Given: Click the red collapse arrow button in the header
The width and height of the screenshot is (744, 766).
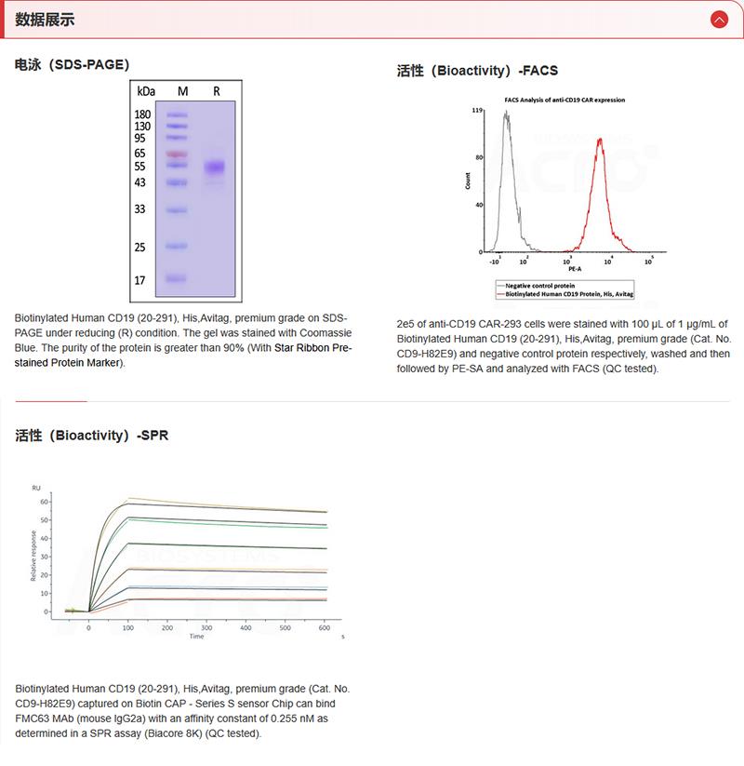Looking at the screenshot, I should point(718,19).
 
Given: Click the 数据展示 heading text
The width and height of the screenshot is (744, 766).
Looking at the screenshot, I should point(46,20).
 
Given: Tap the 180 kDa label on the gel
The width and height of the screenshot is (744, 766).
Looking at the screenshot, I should point(142,114).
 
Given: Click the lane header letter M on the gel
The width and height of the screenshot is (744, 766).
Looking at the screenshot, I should point(182,91).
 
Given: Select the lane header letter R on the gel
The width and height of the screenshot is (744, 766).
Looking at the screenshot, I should point(216,91).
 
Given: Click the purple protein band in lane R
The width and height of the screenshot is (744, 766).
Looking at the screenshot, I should point(216,168).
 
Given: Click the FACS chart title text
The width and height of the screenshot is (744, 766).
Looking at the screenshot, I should point(565,99).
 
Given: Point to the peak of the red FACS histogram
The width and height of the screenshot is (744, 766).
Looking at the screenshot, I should point(601,140).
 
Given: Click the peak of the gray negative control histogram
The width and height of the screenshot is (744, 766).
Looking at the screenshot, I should point(506,114).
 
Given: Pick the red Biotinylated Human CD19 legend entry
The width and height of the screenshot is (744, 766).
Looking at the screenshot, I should point(568,292).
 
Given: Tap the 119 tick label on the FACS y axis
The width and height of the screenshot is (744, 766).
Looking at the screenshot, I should point(476,111).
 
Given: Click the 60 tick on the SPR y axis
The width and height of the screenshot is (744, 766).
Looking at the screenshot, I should point(43,502).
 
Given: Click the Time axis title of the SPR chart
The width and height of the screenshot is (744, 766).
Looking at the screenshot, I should point(196,637).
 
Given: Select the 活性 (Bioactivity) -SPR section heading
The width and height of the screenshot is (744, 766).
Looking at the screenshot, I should point(92,435).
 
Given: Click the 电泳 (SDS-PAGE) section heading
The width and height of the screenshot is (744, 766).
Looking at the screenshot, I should point(72,64).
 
